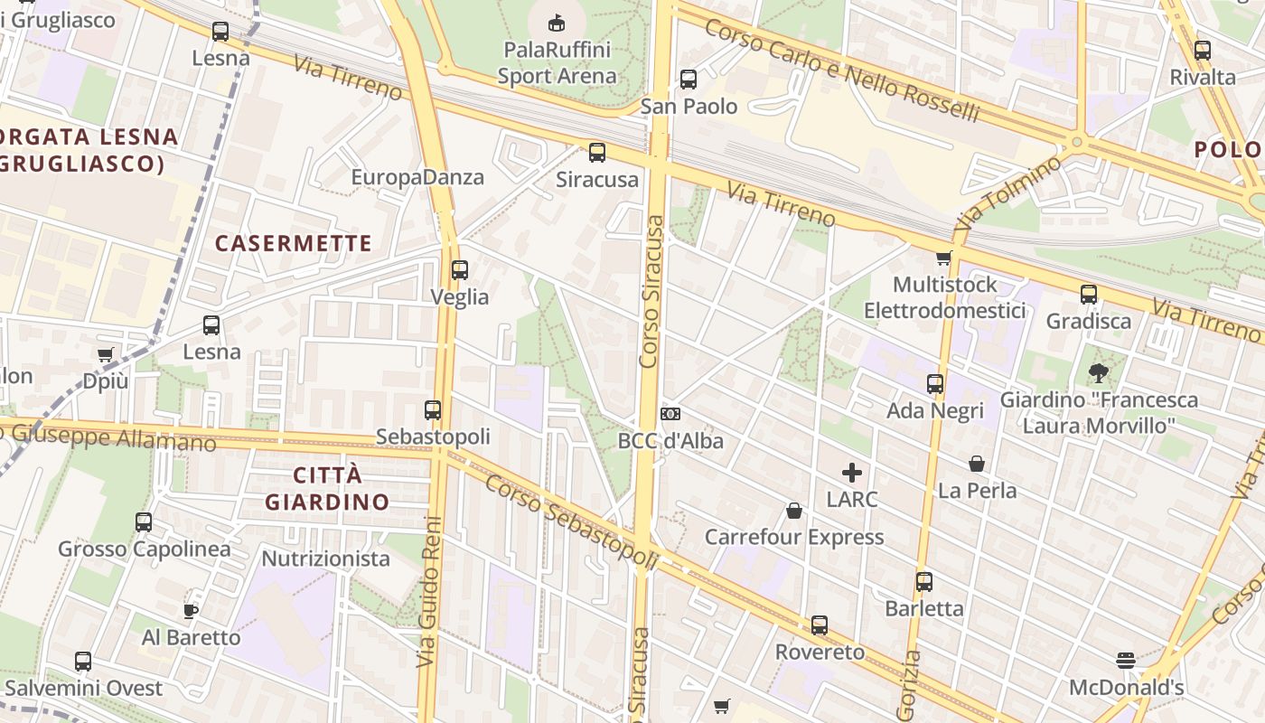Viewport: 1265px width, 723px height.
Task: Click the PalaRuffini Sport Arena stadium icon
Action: pyautogui.click(x=557, y=22)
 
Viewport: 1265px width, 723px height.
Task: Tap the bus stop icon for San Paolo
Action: pyautogui.click(x=689, y=80)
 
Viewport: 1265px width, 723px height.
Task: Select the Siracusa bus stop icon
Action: pyautogui.click(x=596, y=153)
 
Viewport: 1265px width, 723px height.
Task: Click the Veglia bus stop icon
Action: pyautogui.click(x=460, y=269)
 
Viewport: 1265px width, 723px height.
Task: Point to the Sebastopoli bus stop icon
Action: pyautogui.click(x=433, y=409)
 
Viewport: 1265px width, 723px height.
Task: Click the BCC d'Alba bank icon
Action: pyautogui.click(x=670, y=414)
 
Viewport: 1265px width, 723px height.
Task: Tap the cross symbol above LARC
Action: pyautogui.click(x=851, y=472)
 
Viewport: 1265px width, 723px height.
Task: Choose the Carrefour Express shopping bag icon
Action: pyautogui.click(x=794, y=511)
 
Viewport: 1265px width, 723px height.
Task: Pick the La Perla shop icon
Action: pyautogui.click(x=977, y=464)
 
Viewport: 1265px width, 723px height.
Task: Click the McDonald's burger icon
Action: pyautogui.click(x=1125, y=661)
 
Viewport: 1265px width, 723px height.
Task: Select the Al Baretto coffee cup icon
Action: pyautogui.click(x=191, y=611)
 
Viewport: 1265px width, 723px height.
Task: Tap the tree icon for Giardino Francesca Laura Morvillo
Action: pyautogui.click(x=1099, y=372)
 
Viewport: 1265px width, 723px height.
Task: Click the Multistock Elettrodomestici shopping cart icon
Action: pyautogui.click(x=944, y=258)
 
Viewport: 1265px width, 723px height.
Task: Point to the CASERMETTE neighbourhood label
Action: pyautogui.click(x=294, y=243)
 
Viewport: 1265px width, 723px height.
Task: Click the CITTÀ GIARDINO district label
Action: pyautogui.click(x=327, y=488)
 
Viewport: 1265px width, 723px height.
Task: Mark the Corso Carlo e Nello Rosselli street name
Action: pyautogui.click(x=841, y=70)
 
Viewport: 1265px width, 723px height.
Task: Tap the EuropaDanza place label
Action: pyautogui.click(x=417, y=177)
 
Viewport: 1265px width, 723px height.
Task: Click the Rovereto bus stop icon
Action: pyautogui.click(x=820, y=624)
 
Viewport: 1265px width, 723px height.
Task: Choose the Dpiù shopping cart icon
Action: pyautogui.click(x=106, y=355)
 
